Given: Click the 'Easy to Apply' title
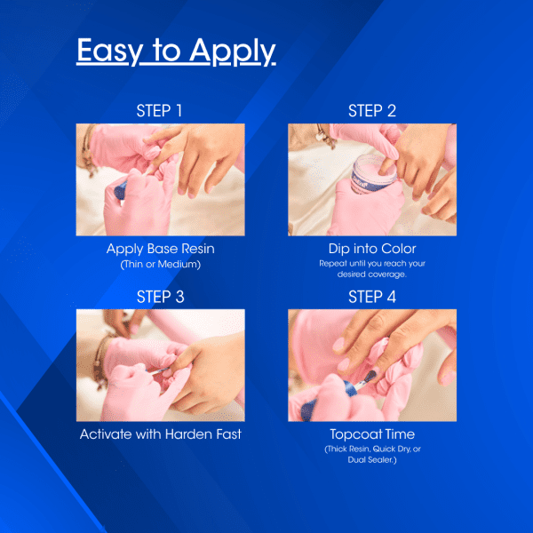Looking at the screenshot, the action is [x=176, y=51].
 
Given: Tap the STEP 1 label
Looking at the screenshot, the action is [x=159, y=111].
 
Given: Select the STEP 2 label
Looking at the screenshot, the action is [x=372, y=111].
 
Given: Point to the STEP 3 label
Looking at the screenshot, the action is [x=161, y=297].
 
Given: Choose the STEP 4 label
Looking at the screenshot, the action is [x=372, y=297].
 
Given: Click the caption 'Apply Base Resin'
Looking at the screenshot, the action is [x=161, y=249].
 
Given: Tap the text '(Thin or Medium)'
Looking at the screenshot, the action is [x=161, y=264].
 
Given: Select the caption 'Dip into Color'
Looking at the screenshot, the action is [x=372, y=249].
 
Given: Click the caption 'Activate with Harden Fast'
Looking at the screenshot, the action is [x=161, y=434].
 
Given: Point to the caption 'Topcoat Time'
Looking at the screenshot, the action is [x=372, y=434].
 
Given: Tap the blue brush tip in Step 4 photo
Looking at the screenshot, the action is [x=370, y=377].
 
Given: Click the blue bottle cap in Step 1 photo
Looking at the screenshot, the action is [x=120, y=190].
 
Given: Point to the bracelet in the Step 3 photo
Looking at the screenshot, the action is [x=100, y=361].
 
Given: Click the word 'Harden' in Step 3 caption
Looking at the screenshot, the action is [x=188, y=434].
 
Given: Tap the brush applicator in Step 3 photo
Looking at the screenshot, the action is [x=158, y=371].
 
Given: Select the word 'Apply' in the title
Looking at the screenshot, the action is [x=233, y=52].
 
